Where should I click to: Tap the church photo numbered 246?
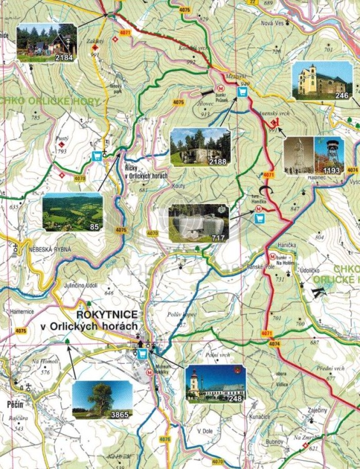322,81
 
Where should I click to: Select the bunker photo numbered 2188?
200,147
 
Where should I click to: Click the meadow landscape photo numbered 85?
72,212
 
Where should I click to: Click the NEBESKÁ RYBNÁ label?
50,250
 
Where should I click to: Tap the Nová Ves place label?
272,23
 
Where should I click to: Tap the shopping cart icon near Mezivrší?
242,91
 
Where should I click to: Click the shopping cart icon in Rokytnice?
142,354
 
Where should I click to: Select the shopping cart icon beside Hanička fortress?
259,218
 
